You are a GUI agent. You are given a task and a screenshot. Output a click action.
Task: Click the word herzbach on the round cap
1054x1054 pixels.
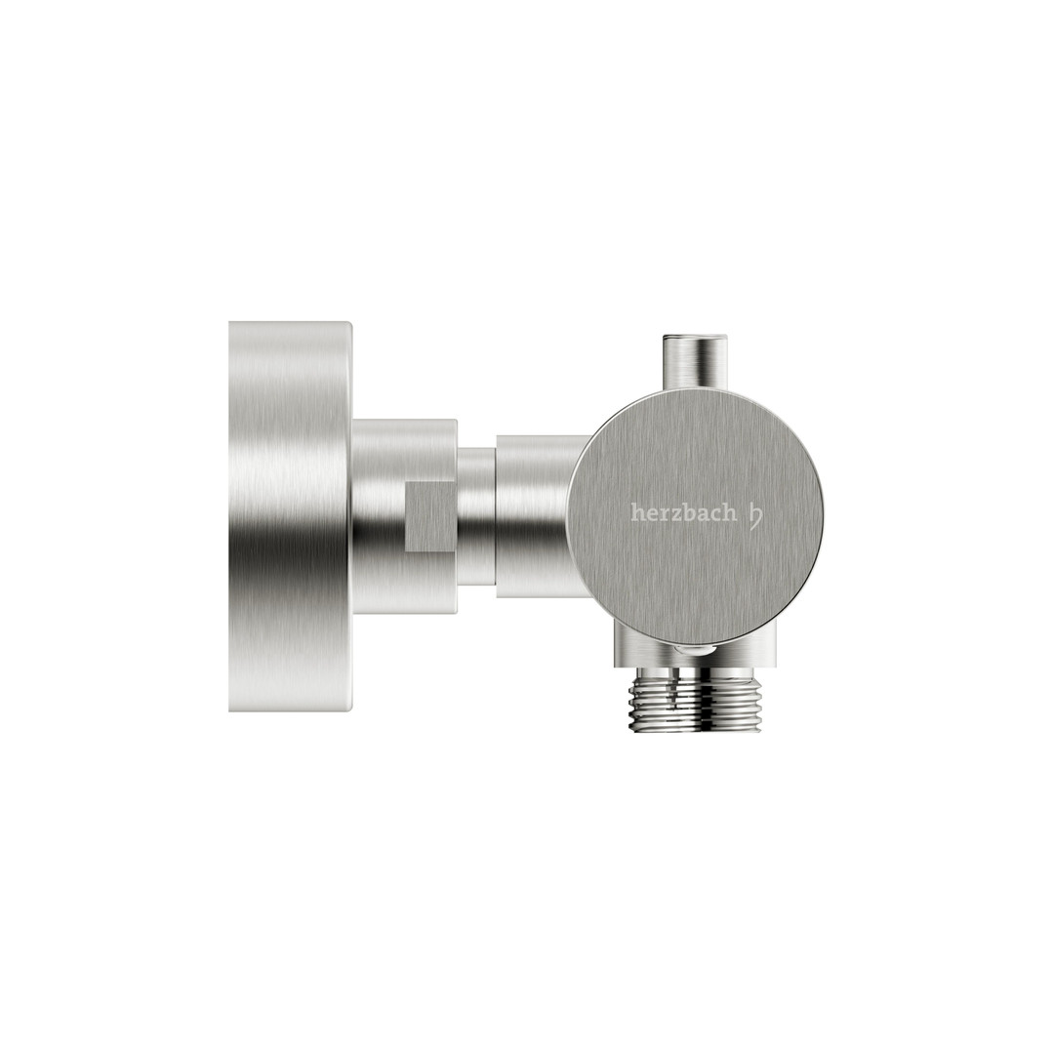click(679, 513)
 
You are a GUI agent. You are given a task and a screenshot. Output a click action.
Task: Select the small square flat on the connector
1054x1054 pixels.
click(432, 516)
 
